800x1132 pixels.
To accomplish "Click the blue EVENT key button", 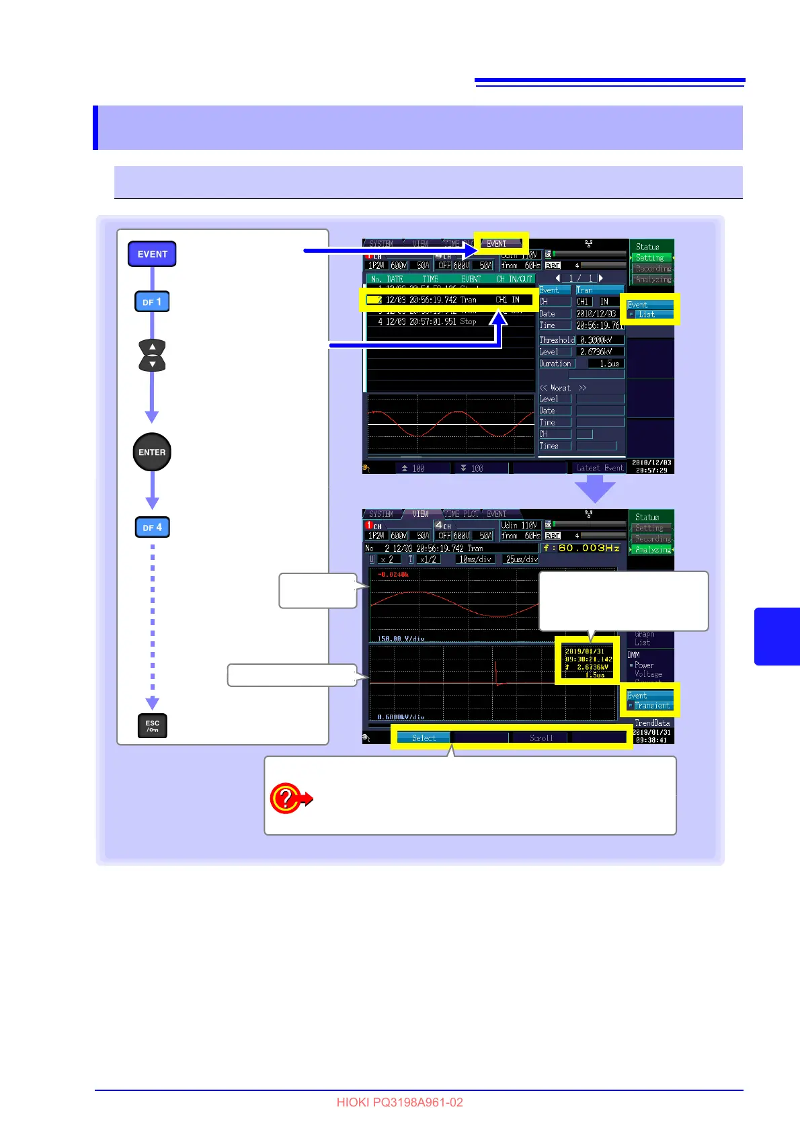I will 152,254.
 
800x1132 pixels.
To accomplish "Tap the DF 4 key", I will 152,528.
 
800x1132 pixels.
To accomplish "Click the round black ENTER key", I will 152,452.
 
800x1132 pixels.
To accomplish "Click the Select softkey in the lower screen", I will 424,738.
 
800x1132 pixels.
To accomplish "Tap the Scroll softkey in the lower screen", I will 541,738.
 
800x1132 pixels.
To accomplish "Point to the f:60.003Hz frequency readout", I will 582,549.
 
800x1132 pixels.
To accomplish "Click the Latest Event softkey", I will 600,468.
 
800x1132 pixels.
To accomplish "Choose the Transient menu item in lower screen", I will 651,706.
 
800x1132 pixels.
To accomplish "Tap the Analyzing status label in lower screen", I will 653,550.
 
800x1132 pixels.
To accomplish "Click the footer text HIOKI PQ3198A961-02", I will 399,1102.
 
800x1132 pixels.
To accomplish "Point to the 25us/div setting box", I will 522,559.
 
